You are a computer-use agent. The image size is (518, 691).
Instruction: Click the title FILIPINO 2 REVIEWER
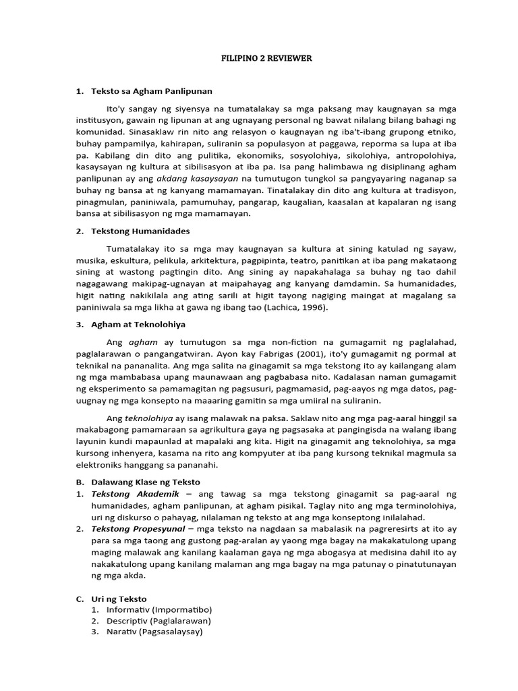(x=267, y=59)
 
